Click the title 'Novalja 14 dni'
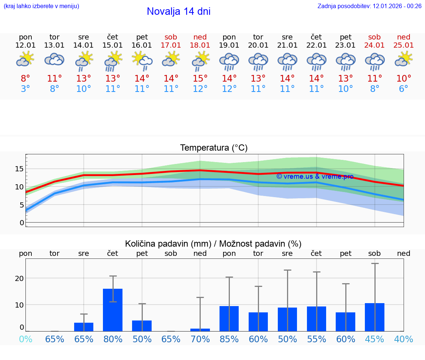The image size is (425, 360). (179, 11)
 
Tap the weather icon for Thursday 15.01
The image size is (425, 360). (113, 61)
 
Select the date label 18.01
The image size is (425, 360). (200, 45)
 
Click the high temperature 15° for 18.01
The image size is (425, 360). (200, 79)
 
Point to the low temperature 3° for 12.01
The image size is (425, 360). (25, 89)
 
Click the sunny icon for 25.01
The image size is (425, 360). (404, 59)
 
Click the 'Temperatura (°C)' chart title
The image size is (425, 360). (214, 148)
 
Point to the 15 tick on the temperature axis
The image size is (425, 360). (19, 169)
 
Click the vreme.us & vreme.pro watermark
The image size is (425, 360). (315, 176)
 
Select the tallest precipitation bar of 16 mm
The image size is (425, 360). (113, 310)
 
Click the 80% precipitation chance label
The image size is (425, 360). (113, 339)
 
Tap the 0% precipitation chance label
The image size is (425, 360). (25, 339)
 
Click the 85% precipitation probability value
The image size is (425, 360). (229, 339)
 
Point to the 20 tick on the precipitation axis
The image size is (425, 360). (20, 278)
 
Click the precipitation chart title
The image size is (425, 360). (213, 244)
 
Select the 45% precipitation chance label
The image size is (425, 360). (374, 339)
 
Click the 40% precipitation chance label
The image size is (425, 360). (404, 339)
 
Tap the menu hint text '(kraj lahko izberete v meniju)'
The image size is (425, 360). (41, 6)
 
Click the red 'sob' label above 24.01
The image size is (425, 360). (374, 37)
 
